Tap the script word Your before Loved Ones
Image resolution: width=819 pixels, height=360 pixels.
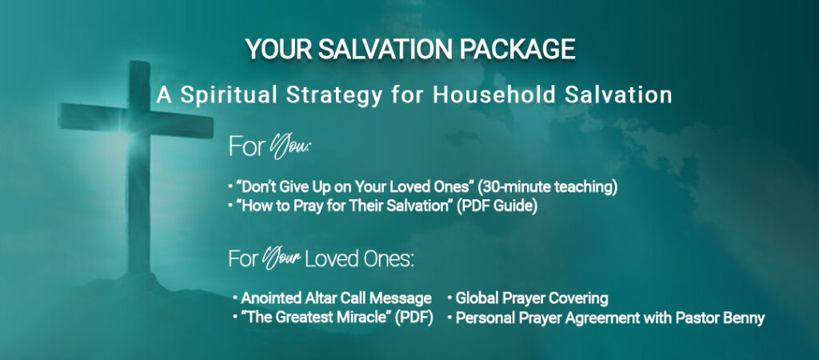pyautogui.click(x=284, y=259)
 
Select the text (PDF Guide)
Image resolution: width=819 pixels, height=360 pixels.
pyautogui.click(x=497, y=206)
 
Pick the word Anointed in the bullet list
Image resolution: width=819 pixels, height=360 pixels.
pyautogui.click(x=270, y=298)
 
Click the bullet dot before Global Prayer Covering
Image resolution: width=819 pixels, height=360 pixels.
pyautogui.click(x=449, y=298)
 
